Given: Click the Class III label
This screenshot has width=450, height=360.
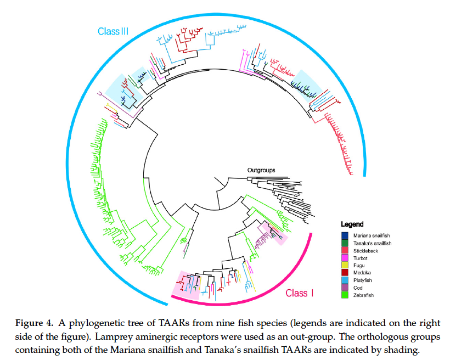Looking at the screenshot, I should pyautogui.click(x=113, y=31).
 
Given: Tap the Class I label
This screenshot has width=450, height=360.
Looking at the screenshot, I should pyautogui.click(x=299, y=293).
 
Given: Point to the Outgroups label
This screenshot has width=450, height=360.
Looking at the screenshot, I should pyautogui.click(x=261, y=170).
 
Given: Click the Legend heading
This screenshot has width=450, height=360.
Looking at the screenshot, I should pyautogui.click(x=352, y=224).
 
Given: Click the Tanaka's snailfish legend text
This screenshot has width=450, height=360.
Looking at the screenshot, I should pyautogui.click(x=372, y=243).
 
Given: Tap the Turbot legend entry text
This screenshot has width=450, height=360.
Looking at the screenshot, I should pyautogui.click(x=361, y=258).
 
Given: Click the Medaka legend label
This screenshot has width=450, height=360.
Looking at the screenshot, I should pyautogui.click(x=361, y=273).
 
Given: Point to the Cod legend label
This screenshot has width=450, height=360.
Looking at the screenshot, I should pyautogui.click(x=358, y=289).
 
